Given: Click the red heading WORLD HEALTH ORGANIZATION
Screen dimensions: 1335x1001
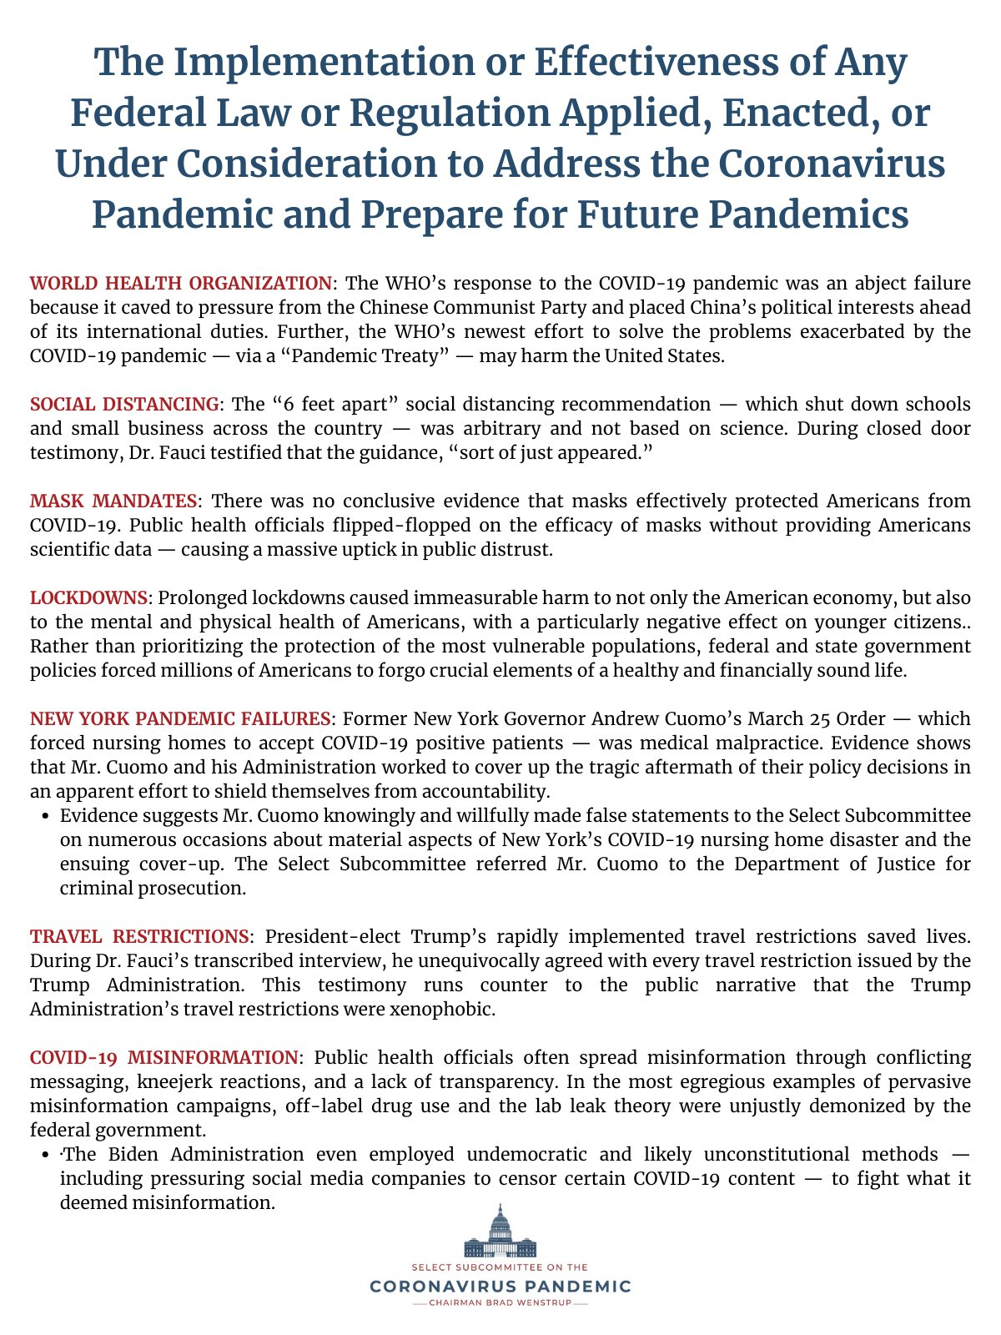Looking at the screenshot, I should [x=181, y=283].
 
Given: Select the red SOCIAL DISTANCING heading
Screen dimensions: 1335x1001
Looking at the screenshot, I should [x=124, y=404].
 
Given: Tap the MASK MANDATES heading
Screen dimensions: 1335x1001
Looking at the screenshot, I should [x=113, y=501].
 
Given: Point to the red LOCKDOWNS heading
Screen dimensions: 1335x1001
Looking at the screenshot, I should [x=88, y=597].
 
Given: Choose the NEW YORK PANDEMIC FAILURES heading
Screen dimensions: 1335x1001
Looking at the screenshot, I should [x=180, y=718].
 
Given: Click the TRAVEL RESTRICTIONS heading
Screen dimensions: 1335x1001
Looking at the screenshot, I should [x=139, y=936].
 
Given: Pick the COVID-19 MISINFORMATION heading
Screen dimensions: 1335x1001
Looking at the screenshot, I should [x=163, y=1057].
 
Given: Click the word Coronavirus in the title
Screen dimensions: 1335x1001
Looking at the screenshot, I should [x=831, y=164].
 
